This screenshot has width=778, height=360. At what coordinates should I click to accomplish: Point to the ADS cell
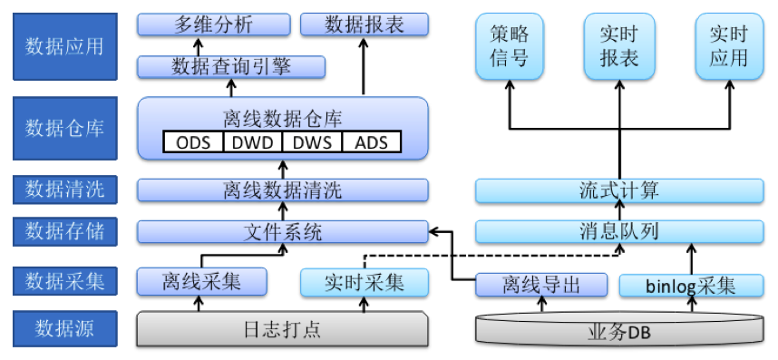click(x=369, y=142)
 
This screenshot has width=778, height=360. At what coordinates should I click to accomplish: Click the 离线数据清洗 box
click(x=282, y=190)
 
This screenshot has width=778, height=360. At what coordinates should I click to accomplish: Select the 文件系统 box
click(x=282, y=232)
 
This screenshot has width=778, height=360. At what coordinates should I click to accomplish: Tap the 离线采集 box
click(x=202, y=282)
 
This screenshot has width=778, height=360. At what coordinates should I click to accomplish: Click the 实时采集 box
click(x=364, y=282)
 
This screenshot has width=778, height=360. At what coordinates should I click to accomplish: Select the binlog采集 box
click(x=691, y=286)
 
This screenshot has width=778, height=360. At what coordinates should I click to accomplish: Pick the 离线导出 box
click(x=541, y=286)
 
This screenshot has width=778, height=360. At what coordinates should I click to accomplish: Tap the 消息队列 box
click(x=619, y=232)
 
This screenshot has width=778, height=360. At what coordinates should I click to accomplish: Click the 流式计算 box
click(x=619, y=190)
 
